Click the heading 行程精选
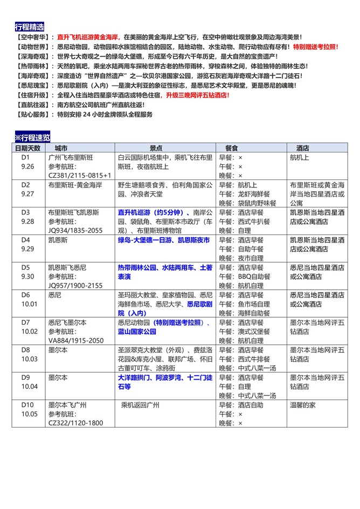[x=30, y=27]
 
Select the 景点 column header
[x=156, y=148]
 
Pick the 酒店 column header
[x=302, y=148]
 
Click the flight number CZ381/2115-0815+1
[x=79, y=175]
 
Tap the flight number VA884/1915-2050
[x=75, y=340]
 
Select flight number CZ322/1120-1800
[x=75, y=423]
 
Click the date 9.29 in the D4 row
[x=27, y=249]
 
